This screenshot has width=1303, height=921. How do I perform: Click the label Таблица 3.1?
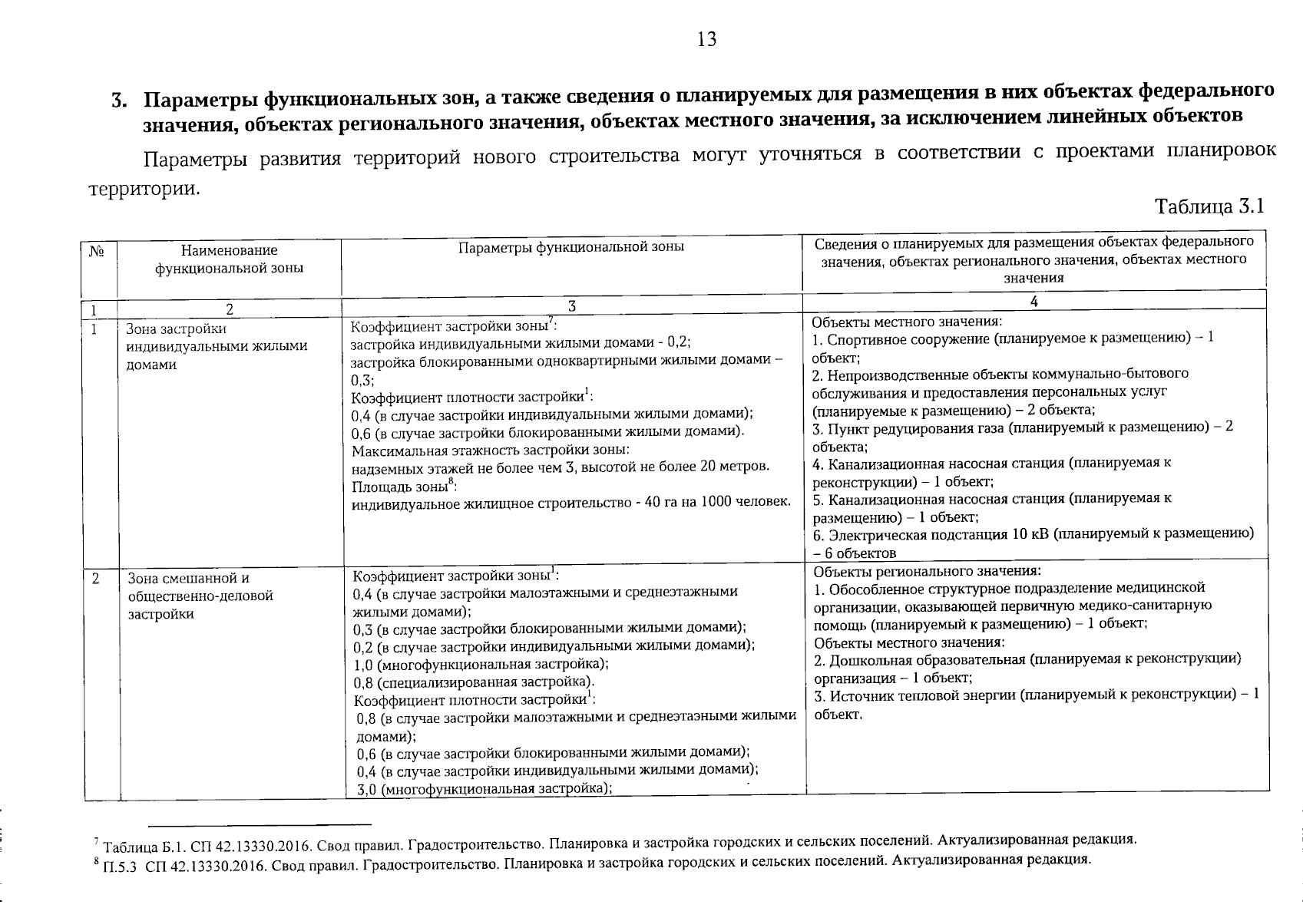tap(1209, 206)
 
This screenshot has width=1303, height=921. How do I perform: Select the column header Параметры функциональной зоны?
tap(571, 247)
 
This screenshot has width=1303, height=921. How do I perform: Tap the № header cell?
tap(98, 251)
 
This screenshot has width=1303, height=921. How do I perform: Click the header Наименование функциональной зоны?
tap(229, 259)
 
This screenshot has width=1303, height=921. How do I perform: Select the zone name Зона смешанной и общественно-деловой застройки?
tap(200, 596)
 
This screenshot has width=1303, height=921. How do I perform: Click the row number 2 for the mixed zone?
tap(95, 579)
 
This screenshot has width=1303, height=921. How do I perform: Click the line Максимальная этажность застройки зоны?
tap(491, 449)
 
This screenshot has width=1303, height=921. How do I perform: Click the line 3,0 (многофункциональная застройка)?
tap(484, 789)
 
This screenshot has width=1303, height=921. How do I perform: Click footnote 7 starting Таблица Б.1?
tap(613, 840)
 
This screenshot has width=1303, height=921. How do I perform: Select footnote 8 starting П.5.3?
tap(591, 861)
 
